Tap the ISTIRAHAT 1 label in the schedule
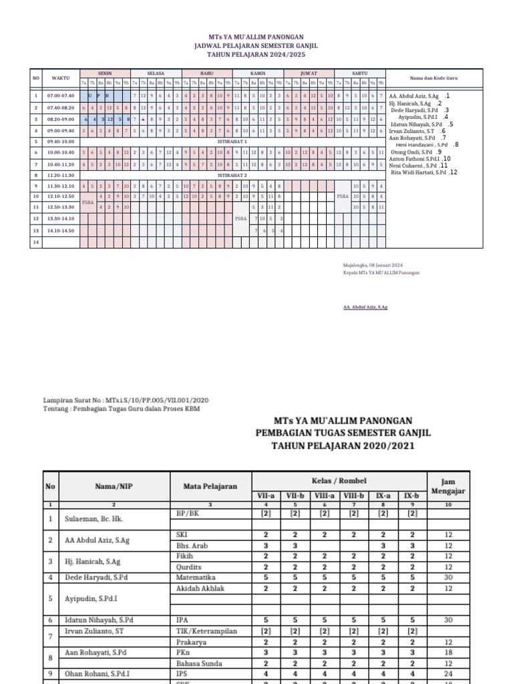point(233,142)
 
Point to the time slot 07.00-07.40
point(60,96)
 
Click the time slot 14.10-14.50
point(60,230)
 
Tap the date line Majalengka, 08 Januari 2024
point(373,265)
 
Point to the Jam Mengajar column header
point(452,486)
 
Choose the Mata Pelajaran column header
point(211,486)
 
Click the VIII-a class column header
point(324,496)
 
